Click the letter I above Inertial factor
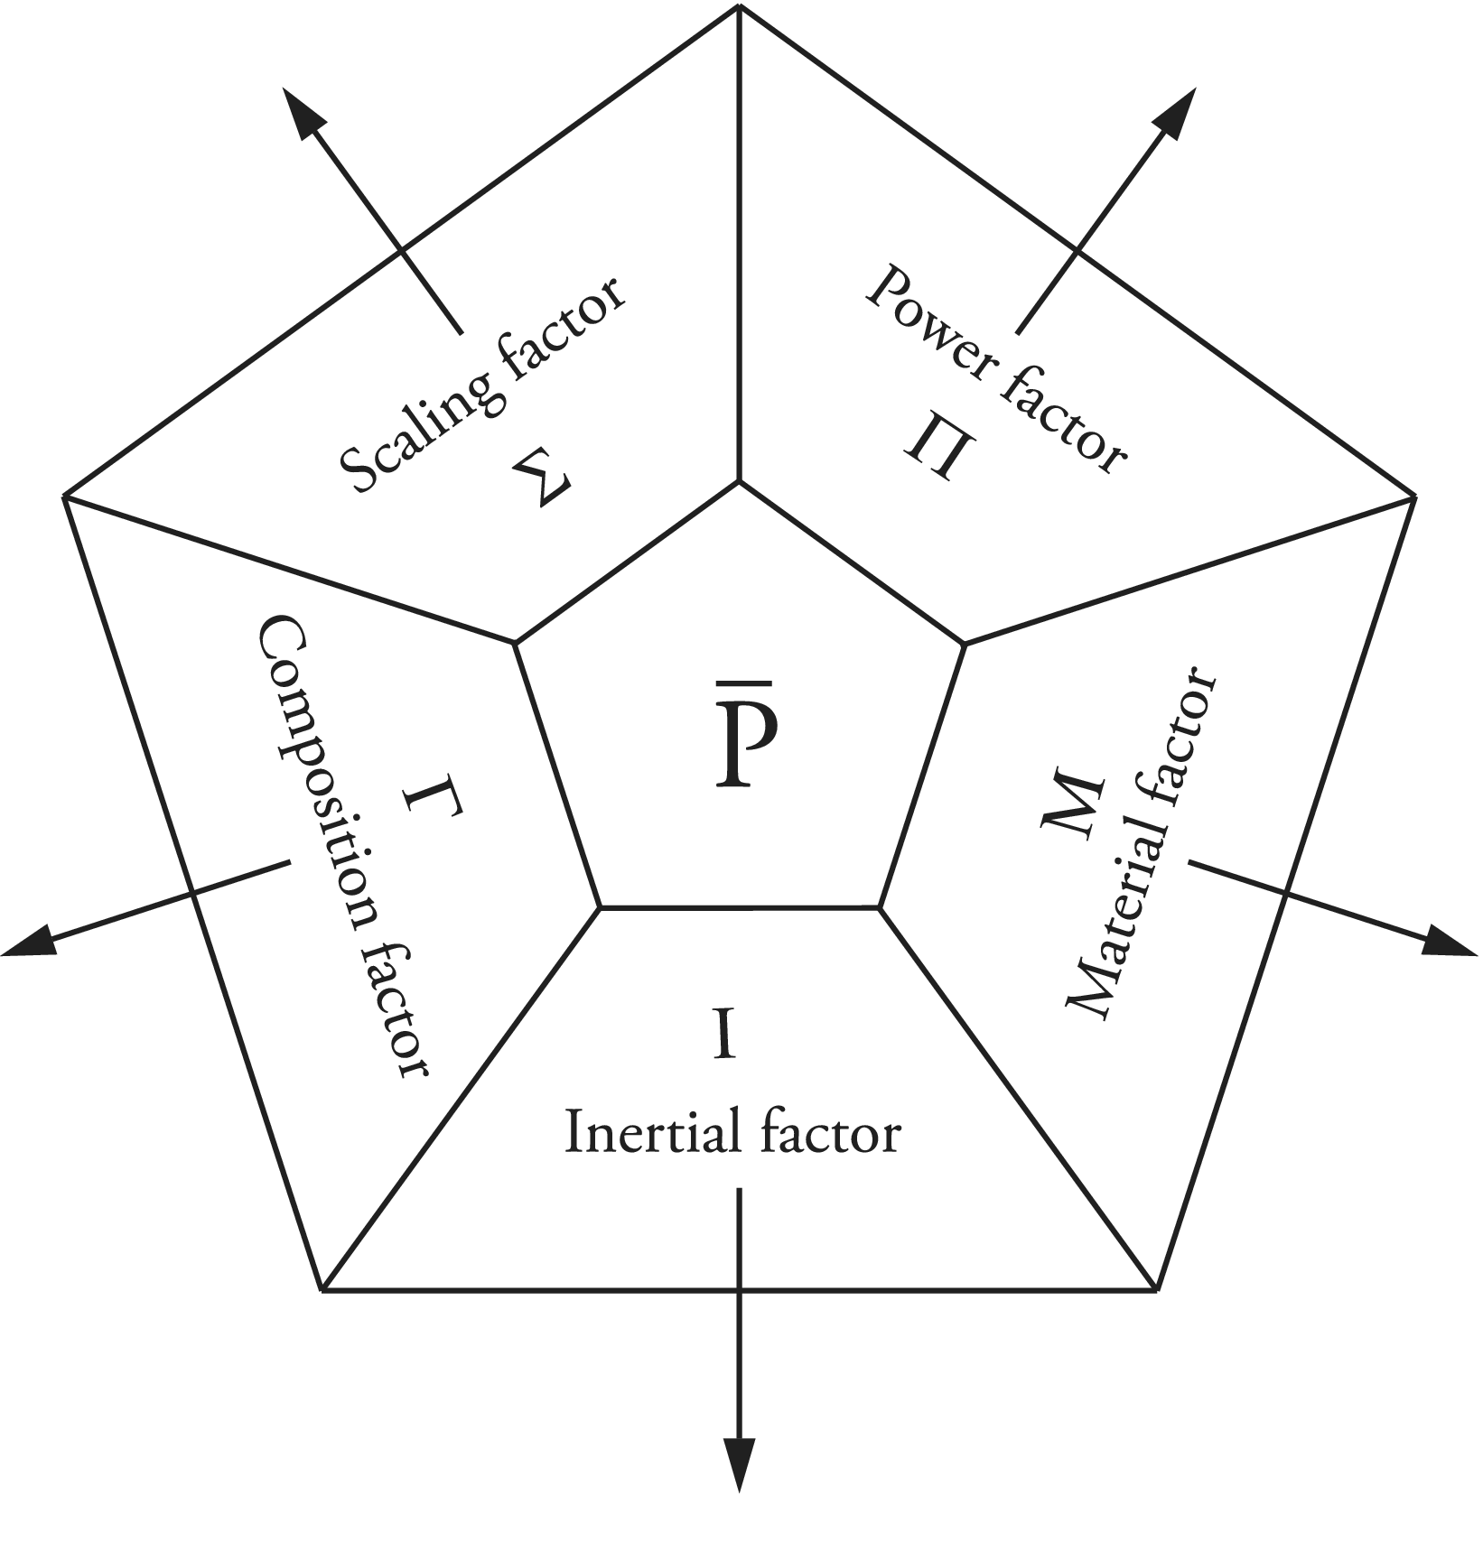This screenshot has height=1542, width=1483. [x=723, y=1035]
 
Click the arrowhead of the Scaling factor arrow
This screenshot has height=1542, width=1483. [x=302, y=113]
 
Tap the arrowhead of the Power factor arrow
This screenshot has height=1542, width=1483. [x=1178, y=113]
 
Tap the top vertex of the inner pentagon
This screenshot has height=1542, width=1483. [x=740, y=482]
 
